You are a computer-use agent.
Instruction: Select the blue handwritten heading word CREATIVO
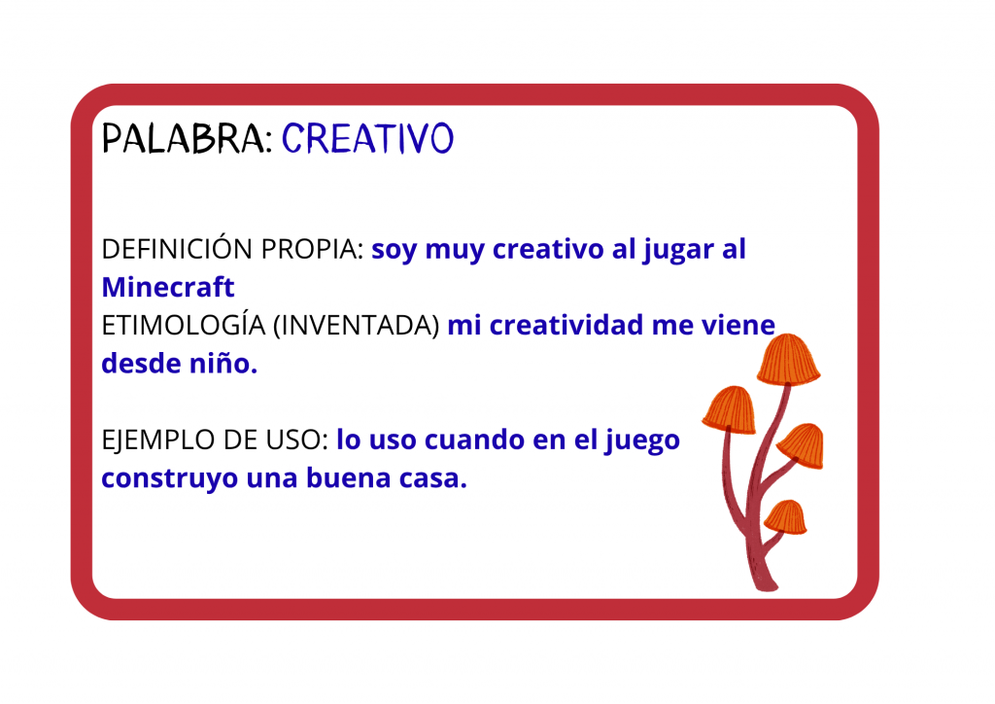368,138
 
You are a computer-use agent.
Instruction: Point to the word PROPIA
312,249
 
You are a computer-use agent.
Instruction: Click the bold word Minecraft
168,287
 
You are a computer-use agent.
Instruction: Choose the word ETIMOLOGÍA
184,325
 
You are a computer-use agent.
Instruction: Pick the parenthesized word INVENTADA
356,325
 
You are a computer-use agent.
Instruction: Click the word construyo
169,478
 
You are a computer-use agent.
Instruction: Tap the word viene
738,325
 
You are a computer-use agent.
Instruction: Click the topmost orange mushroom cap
788,360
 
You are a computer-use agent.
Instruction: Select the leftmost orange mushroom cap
731,409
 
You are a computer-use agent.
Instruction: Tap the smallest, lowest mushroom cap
785,516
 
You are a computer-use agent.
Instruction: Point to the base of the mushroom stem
767,582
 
